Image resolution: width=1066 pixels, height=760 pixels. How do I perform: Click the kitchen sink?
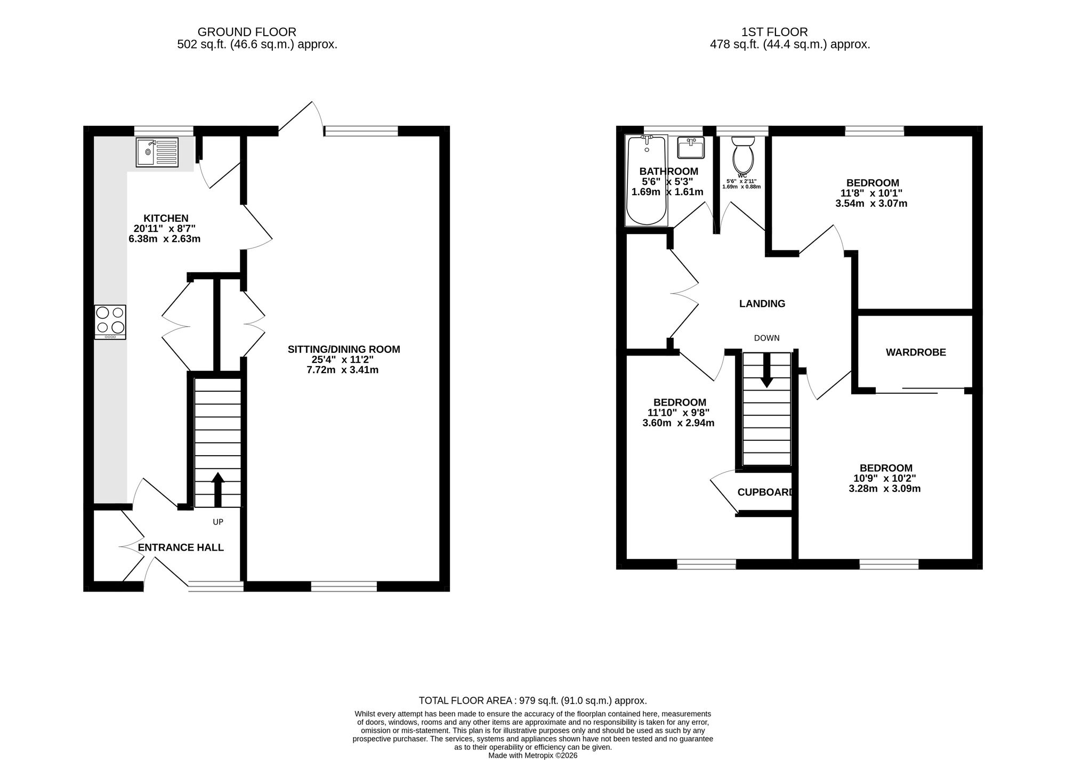point(157,152)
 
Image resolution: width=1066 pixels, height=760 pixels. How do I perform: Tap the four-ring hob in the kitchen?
point(110,322)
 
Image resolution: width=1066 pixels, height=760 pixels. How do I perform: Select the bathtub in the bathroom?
point(647,181)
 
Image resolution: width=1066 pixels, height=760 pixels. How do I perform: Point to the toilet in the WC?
point(742,152)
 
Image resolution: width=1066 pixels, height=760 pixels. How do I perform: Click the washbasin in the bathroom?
point(691,147)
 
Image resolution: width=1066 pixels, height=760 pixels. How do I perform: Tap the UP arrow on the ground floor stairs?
point(218,489)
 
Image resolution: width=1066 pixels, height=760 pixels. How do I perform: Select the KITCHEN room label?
point(166,218)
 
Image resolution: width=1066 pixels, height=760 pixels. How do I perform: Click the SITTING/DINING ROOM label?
point(344,350)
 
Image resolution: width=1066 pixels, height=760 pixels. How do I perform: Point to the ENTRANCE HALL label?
point(181,547)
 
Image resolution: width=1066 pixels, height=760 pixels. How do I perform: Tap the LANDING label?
point(762,304)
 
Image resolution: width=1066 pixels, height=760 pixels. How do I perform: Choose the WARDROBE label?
point(916,352)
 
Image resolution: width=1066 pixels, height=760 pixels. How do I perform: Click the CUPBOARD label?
point(766,492)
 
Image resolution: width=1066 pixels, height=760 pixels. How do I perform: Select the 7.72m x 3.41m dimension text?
point(343,370)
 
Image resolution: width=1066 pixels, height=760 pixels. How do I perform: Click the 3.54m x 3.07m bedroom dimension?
point(871,203)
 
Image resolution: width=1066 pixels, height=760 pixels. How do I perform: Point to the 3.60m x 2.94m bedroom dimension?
point(679,423)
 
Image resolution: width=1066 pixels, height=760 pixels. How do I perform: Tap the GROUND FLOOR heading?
point(247,33)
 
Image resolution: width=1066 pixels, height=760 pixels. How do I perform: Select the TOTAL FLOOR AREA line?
point(533,701)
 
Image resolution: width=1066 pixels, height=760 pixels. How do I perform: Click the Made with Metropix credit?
point(533,756)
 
